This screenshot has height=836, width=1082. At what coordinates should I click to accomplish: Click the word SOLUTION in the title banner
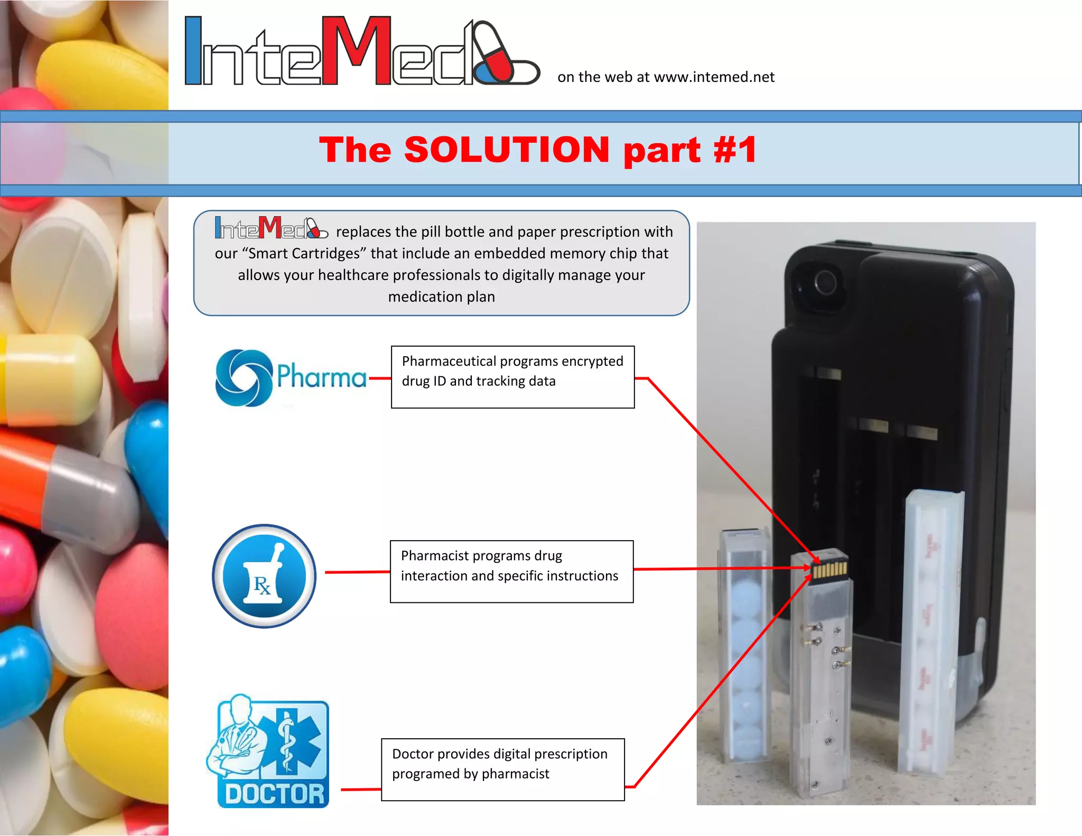pos(507,150)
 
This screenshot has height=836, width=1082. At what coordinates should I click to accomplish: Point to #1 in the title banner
pos(735,150)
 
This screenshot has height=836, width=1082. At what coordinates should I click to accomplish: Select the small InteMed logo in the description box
pos(271,228)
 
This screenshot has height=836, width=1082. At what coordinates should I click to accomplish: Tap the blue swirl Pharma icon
pos(244,378)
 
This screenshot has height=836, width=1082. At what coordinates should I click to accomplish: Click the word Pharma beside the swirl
pos(321,377)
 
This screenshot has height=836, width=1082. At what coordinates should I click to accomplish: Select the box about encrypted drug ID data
pos(512,377)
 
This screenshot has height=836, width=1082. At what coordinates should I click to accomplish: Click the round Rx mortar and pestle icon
pos(264,576)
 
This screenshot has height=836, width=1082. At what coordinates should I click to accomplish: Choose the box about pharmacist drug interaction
pos(511,571)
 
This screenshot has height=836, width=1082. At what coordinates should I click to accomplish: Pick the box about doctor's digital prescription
pos(502,769)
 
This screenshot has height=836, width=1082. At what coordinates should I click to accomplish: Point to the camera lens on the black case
pos(825,282)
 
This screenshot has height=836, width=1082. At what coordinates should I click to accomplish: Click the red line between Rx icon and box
pos(357,572)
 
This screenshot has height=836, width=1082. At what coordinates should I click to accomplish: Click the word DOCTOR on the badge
pos(274,794)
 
